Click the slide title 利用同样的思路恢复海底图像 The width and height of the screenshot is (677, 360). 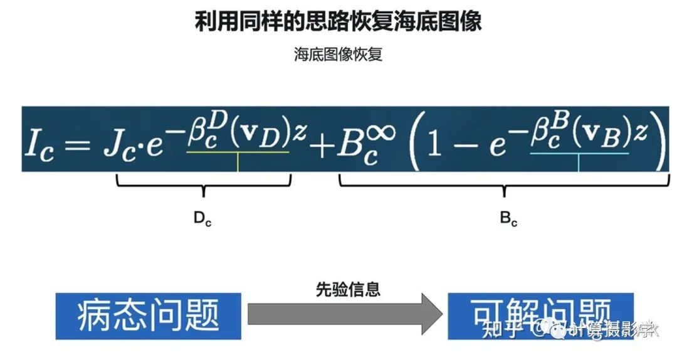[338, 22]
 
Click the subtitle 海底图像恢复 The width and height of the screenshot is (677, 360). [338, 55]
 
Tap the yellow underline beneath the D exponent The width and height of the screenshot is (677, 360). [238, 152]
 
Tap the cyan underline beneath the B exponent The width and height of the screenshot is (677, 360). [579, 152]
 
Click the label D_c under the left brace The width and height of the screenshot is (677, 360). [202, 219]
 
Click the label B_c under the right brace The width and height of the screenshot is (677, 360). [508, 219]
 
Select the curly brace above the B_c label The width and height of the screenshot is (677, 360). [505, 183]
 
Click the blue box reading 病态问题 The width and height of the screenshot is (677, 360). [149, 315]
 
